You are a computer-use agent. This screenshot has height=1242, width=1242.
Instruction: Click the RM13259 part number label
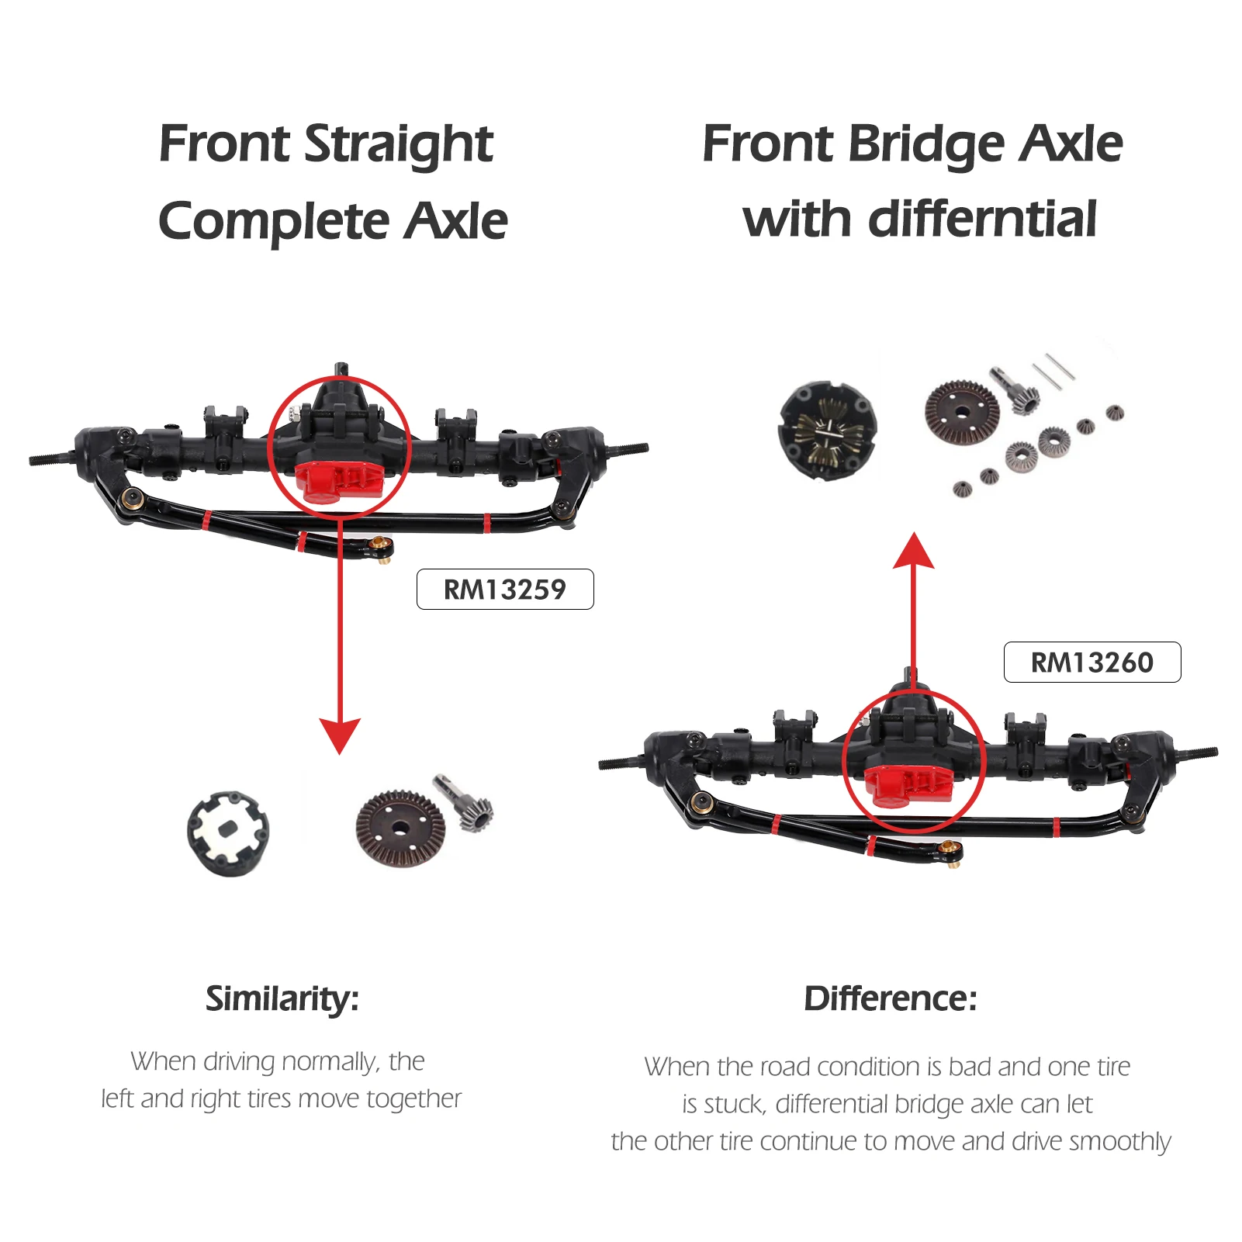504,590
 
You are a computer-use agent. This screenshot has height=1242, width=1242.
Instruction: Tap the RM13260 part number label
1092,663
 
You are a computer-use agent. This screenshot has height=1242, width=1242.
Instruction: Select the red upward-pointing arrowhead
913,552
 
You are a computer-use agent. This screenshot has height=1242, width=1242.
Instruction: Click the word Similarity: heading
282,998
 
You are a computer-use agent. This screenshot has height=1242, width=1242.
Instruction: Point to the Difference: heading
890,998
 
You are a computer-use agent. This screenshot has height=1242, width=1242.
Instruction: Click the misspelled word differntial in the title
982,220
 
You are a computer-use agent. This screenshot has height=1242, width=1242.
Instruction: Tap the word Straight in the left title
399,144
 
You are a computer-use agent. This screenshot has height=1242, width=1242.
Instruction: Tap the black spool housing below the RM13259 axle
229,832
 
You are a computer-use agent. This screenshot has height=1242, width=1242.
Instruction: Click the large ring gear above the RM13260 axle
962,413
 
